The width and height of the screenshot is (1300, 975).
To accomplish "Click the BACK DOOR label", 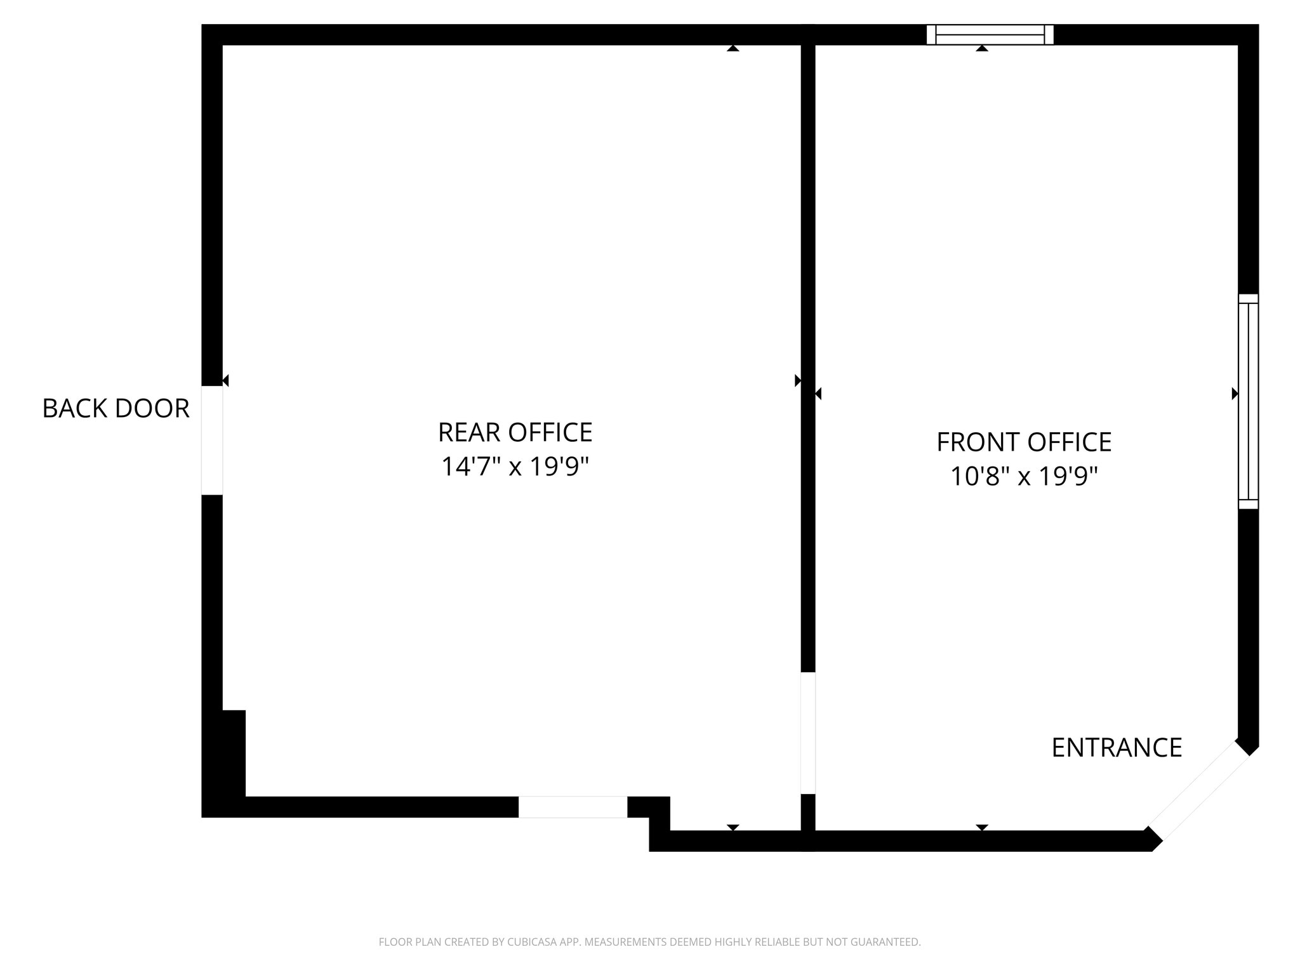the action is pyautogui.click(x=116, y=408).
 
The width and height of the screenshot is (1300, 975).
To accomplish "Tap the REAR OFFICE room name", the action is pyautogui.click(x=515, y=432).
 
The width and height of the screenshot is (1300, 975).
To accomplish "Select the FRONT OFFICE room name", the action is pyautogui.click(x=1024, y=442).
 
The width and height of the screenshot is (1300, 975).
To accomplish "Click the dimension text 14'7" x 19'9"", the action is pyautogui.click(x=515, y=467).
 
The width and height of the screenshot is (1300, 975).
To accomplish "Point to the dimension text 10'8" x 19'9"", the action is pyautogui.click(x=1024, y=475).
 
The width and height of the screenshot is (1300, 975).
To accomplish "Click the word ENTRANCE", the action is pyautogui.click(x=1117, y=748).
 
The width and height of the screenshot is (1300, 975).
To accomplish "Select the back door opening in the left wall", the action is pyautogui.click(x=212, y=440).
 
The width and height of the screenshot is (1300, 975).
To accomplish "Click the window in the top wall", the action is pyautogui.click(x=990, y=35).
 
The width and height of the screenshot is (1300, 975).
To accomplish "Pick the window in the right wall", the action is pyautogui.click(x=1249, y=401).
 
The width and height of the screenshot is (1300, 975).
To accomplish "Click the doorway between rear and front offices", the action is pyautogui.click(x=808, y=733).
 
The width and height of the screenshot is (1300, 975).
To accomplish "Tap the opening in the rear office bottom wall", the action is pyautogui.click(x=573, y=807).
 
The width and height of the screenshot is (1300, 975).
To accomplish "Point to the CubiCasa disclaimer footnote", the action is pyautogui.click(x=649, y=942).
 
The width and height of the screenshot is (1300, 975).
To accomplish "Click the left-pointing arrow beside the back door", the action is pyautogui.click(x=225, y=380).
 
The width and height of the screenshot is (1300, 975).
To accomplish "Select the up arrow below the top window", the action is pyautogui.click(x=982, y=48).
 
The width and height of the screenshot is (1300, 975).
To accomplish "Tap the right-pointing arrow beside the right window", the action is pyautogui.click(x=1235, y=394).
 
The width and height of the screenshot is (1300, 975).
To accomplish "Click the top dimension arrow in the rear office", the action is pyautogui.click(x=733, y=48).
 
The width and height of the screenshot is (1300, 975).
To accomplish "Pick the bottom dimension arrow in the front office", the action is pyautogui.click(x=982, y=828).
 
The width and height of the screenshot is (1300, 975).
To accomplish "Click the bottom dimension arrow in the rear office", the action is pyautogui.click(x=733, y=828).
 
